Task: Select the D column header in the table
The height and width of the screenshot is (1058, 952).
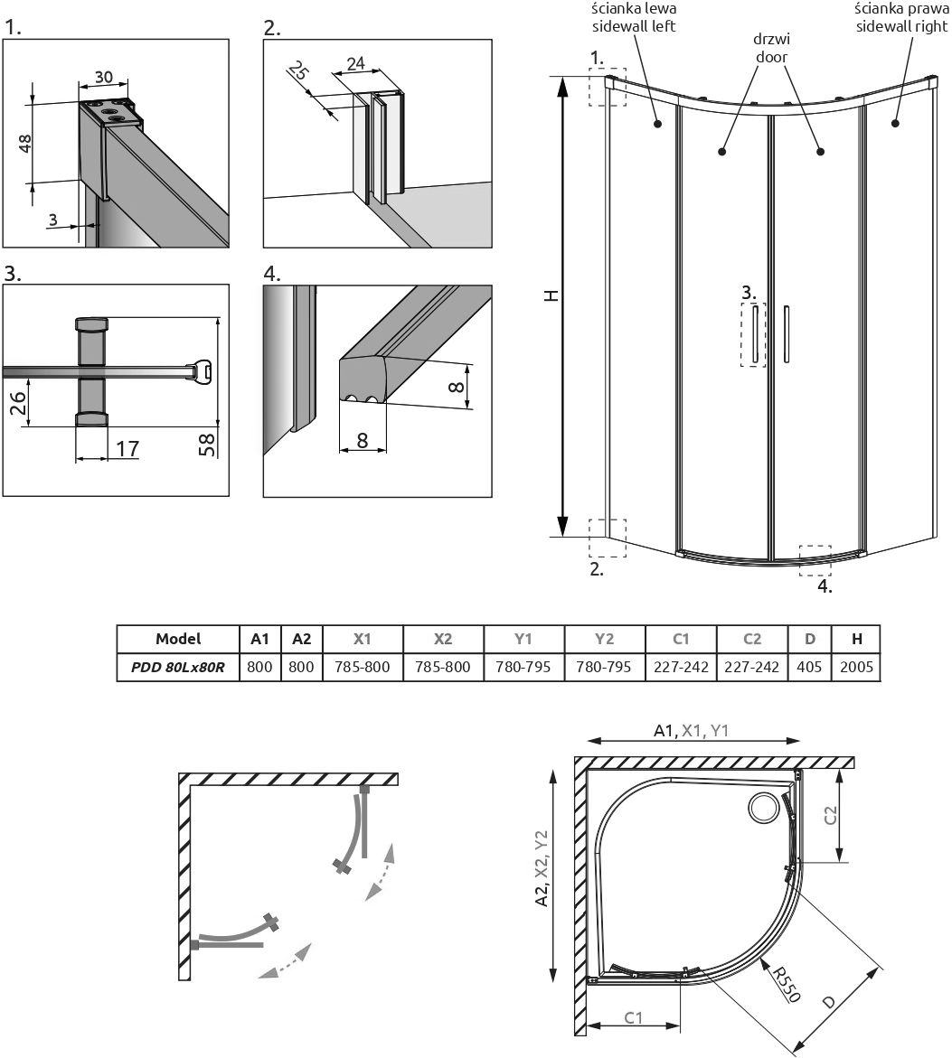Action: tap(810, 638)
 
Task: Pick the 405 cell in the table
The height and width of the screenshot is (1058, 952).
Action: tap(810, 667)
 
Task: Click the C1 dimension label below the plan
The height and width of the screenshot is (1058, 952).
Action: tap(634, 1017)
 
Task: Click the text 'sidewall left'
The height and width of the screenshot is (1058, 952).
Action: tap(633, 26)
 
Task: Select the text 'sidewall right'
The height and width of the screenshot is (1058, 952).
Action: tap(900, 26)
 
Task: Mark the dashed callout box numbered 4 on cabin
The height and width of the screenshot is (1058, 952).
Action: tap(815, 560)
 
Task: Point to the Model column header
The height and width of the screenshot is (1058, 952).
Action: tap(178, 638)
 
